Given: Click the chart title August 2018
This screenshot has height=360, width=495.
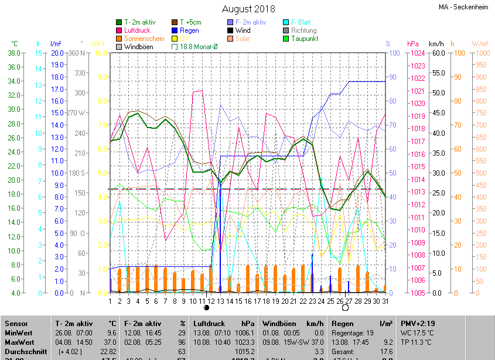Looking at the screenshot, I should tap(247, 9).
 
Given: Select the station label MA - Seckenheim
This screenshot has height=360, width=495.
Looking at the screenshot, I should tap(463, 8).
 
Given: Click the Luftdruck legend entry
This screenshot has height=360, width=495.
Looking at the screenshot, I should tap(138, 30).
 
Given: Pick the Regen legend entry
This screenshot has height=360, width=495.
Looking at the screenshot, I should tap(189, 30).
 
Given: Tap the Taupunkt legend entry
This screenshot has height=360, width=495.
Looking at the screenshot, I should tap(304, 39).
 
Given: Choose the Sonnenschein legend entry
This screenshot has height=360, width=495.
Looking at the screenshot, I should tap(144, 39).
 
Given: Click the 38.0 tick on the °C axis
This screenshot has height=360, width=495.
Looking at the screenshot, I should tap(14, 53).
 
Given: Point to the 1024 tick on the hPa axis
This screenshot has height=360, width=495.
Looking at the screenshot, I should tap(417, 53).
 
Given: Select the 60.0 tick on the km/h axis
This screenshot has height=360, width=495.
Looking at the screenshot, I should tap(438, 53).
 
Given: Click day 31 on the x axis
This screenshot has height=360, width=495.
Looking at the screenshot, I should tap(384, 301).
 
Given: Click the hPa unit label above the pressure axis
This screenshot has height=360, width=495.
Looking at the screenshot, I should tap(413, 44).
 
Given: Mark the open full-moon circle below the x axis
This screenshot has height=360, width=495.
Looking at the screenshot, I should tap(345, 307).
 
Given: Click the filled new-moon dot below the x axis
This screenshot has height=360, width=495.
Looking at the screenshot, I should tap(206, 307).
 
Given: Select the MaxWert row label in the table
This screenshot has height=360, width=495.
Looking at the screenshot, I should tap(20, 342).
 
